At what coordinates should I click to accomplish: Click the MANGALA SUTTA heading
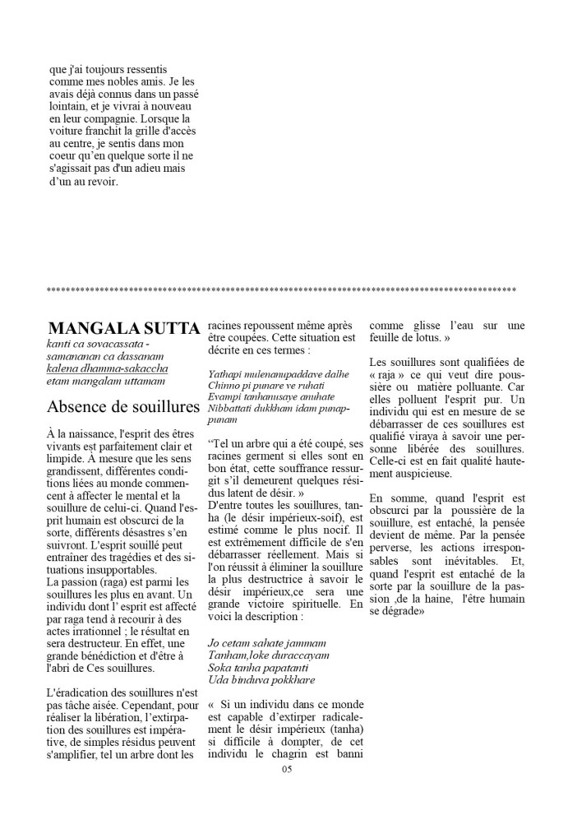123,328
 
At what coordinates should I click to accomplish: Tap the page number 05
286,769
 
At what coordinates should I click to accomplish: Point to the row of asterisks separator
282,289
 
